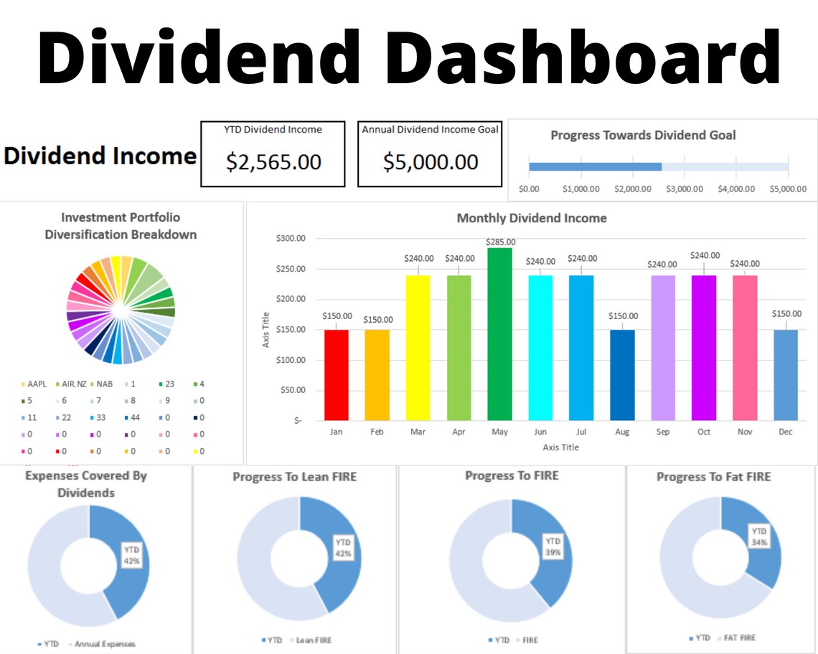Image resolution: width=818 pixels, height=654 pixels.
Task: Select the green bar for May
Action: pos(499,333)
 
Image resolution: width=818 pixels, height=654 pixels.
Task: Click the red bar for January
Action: pos(337,374)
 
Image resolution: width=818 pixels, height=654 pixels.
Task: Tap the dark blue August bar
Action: pos(622,374)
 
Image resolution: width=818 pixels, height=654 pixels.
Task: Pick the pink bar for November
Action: pos(744,348)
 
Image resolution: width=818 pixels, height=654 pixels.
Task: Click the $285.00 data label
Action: pos(500,242)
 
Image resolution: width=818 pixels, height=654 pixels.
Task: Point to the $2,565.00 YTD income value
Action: pos(273,162)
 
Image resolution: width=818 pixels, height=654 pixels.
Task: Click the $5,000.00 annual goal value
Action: pos(430,162)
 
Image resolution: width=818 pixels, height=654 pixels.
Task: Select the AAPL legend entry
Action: pos(36,384)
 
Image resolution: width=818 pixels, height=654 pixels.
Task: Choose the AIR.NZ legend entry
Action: pos(74,384)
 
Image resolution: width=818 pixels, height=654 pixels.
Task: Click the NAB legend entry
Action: pos(104,384)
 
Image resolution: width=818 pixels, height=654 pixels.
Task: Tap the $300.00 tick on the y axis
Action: pos(291,238)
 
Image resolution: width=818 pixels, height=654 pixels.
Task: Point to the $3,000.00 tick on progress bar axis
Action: pos(684,189)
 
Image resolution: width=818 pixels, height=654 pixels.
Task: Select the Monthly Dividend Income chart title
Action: pos(532,218)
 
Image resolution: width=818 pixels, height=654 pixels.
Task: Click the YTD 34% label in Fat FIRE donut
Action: pos(759,536)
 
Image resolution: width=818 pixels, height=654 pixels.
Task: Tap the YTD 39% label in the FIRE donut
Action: pos(553,546)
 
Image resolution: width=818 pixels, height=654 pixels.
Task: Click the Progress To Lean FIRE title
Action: pos(294,477)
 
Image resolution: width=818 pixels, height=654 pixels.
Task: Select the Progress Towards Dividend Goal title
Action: pos(643,135)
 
